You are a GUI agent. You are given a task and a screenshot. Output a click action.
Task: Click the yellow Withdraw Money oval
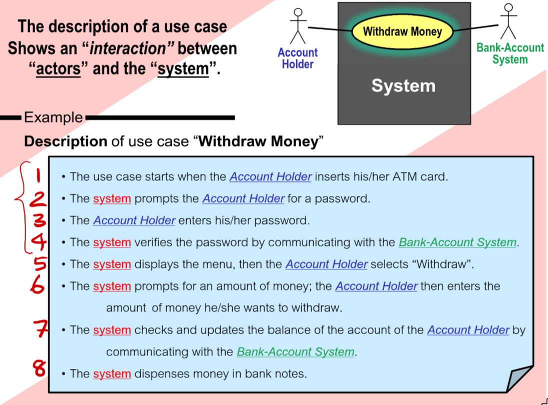[402, 32]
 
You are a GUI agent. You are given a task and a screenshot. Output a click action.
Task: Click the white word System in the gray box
[403, 86]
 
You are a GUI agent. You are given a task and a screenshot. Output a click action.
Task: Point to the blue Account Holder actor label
[297, 58]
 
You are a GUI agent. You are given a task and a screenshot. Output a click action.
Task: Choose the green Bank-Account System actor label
[509, 54]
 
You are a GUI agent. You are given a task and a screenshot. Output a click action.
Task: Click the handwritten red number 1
[38, 176]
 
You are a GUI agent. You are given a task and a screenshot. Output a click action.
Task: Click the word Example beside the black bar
[53, 117]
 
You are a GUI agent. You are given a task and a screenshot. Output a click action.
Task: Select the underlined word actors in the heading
[58, 68]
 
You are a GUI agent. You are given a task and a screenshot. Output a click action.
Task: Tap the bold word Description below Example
[65, 141]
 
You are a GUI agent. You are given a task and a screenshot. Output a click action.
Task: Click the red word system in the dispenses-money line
[112, 373]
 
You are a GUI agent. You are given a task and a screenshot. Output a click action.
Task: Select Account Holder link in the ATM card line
[270, 176]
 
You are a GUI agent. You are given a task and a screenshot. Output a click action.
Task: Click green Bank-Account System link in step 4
[457, 242]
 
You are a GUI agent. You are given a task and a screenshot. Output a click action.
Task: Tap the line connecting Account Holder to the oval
[330, 28]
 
